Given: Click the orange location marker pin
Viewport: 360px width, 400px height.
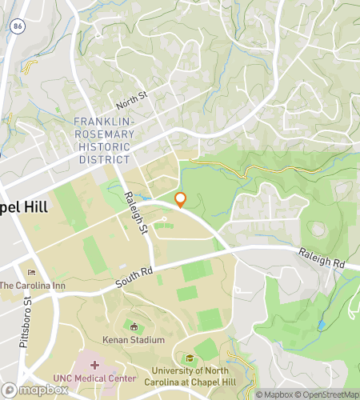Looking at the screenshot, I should point(180,199).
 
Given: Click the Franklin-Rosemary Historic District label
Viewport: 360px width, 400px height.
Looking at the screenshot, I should point(103,141).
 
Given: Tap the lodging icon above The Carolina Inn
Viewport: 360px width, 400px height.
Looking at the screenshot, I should point(31,273).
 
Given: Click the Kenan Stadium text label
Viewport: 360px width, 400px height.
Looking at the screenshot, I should point(134,340).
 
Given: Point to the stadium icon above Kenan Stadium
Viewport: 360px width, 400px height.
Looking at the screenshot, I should point(134,326).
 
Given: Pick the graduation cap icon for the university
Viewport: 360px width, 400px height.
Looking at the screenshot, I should point(190,358).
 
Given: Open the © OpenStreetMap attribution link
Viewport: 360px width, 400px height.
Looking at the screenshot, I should point(328,394).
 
